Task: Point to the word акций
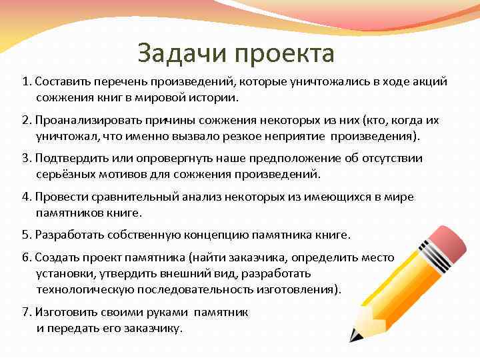click(431, 81)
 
